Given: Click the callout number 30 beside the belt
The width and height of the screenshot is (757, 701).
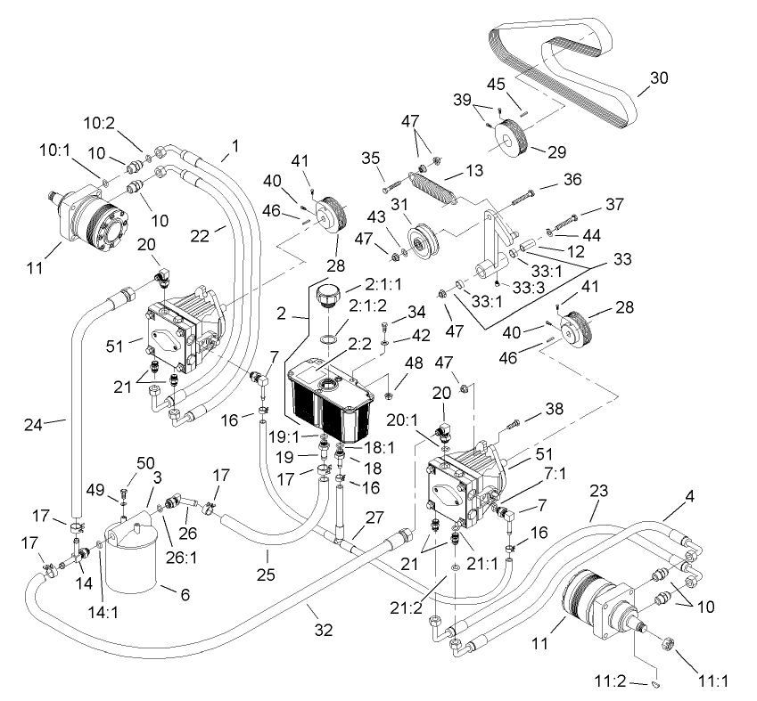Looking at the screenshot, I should pos(658,77).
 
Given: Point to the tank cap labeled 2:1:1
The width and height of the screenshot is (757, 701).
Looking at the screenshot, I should pos(328,295).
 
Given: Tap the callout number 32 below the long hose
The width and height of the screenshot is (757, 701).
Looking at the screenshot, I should pos(323,629).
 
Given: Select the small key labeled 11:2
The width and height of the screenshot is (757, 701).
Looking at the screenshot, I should pos(656,684).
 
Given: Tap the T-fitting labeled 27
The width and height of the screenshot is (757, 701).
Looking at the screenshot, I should pos(337,539).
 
